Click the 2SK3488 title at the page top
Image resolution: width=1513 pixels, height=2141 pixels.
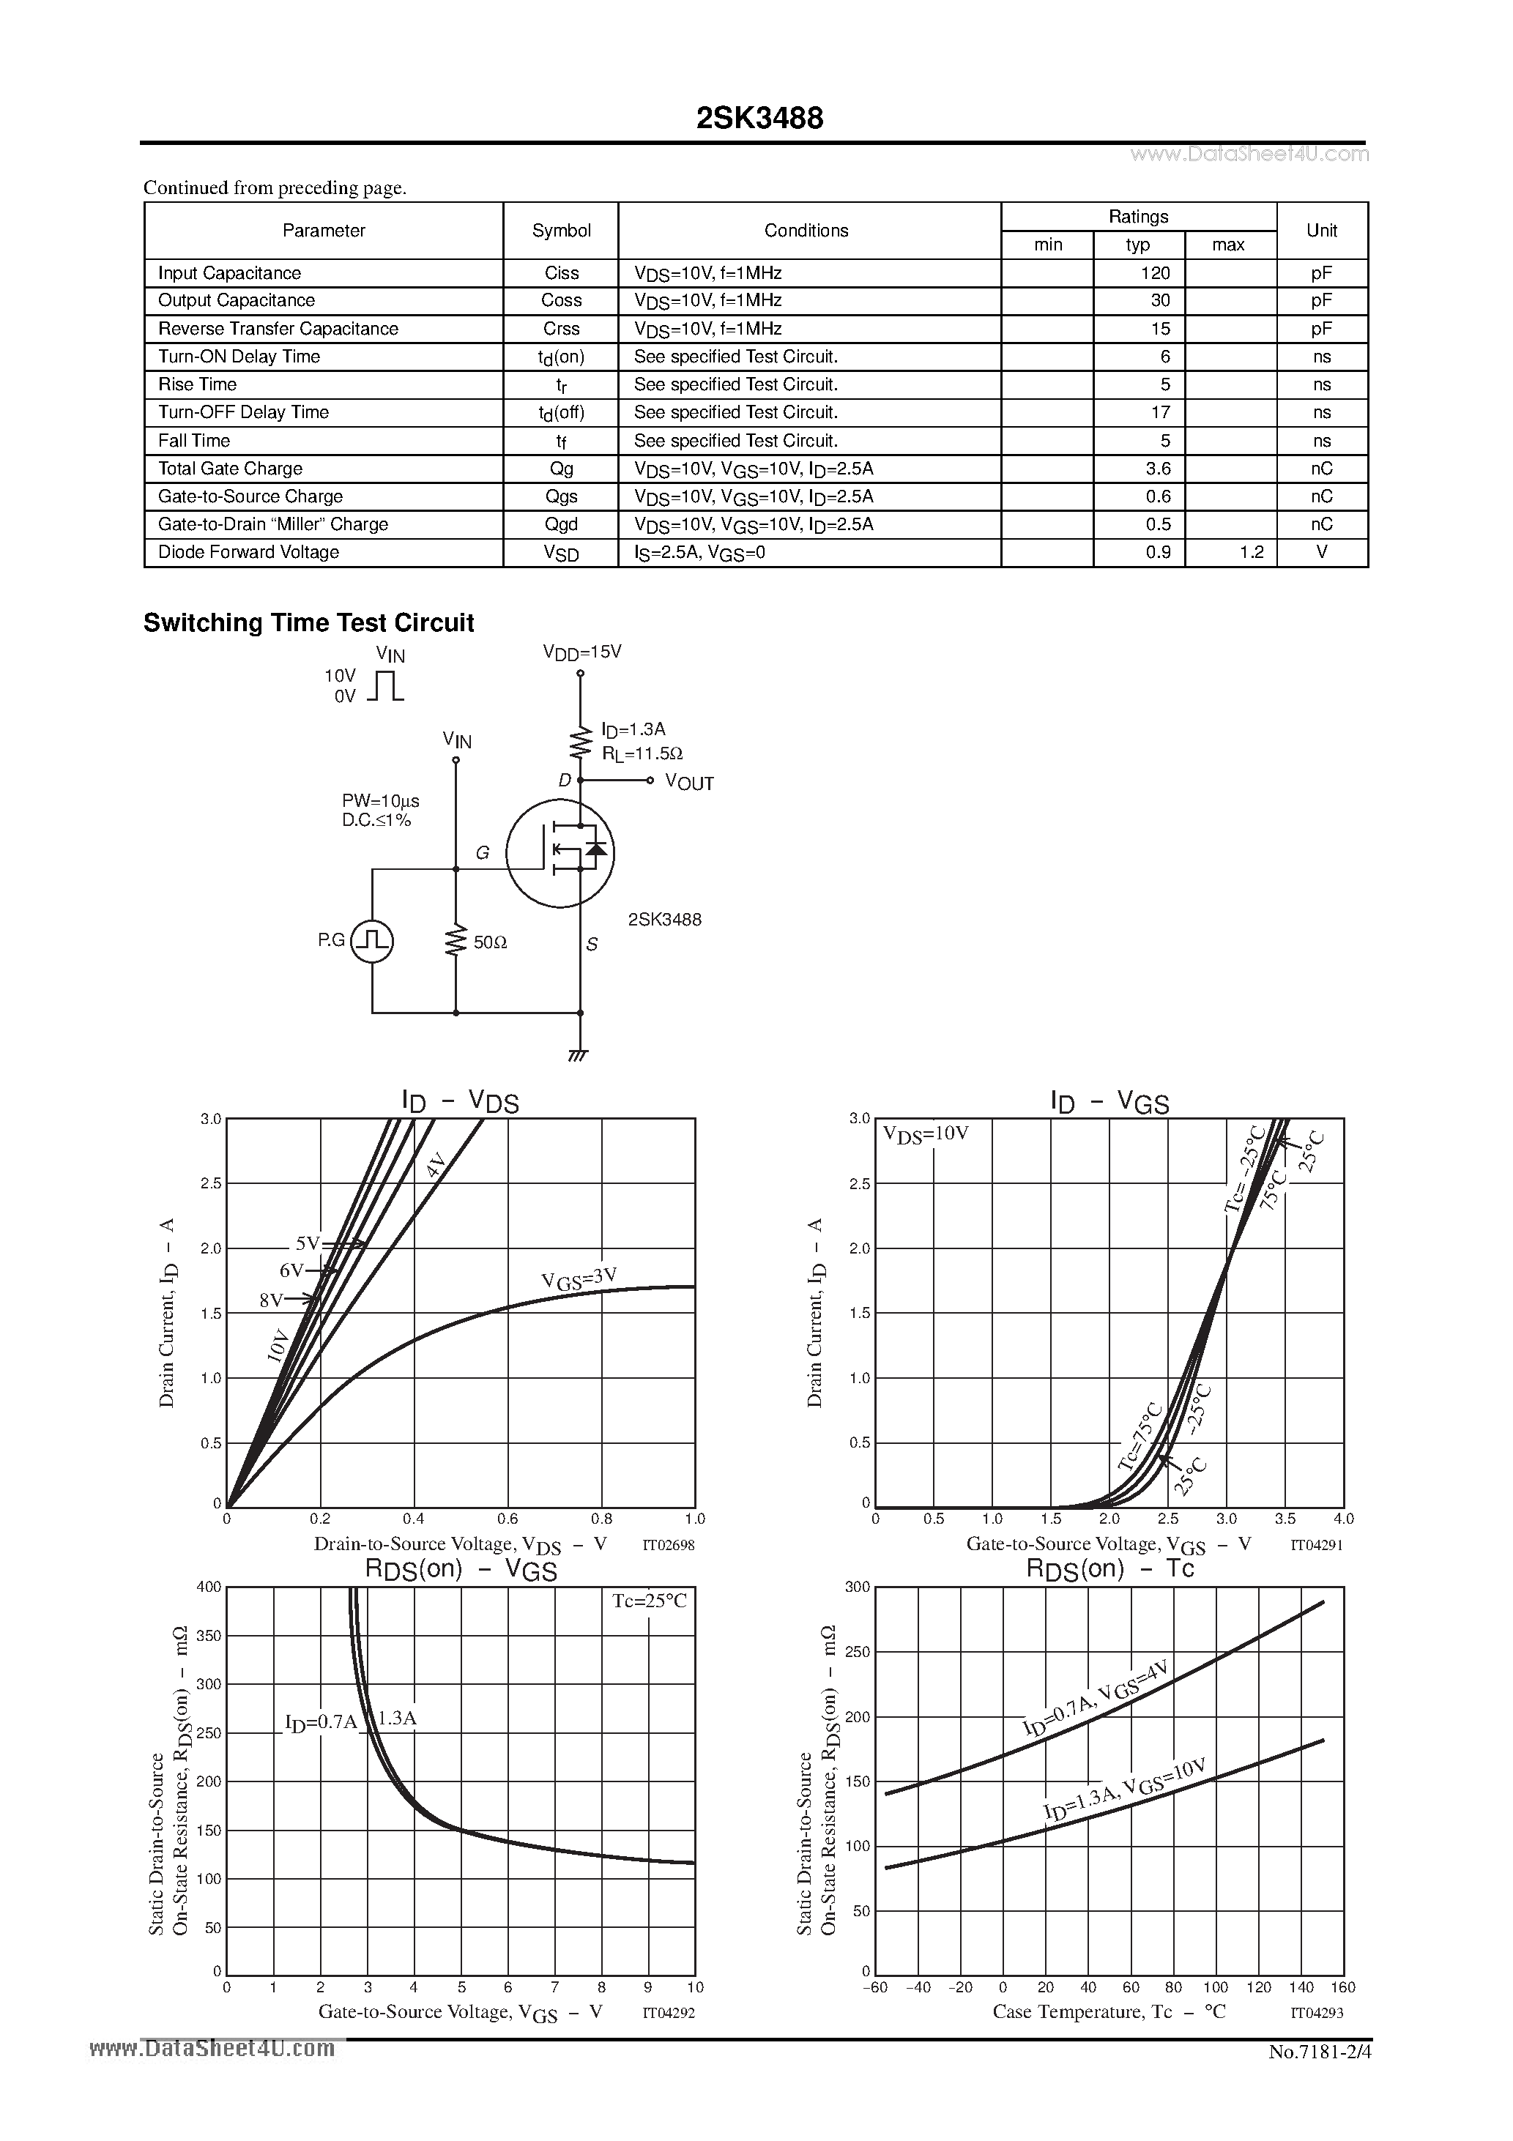pos(759,119)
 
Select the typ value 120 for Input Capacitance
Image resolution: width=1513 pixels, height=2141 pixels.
pos(1155,273)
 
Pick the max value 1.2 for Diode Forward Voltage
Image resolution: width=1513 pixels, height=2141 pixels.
pos(1251,552)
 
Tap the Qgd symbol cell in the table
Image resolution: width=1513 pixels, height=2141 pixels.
pos(561,524)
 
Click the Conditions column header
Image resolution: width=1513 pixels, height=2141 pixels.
pos(806,231)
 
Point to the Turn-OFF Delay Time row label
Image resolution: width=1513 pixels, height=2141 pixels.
pos(243,412)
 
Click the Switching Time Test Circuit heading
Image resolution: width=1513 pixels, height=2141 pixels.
pos(309,623)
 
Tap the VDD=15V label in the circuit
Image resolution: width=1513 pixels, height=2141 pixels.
pos(581,652)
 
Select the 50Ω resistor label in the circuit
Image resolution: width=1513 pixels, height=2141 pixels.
pos(490,943)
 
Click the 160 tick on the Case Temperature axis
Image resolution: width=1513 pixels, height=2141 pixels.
pos(1343,1987)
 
